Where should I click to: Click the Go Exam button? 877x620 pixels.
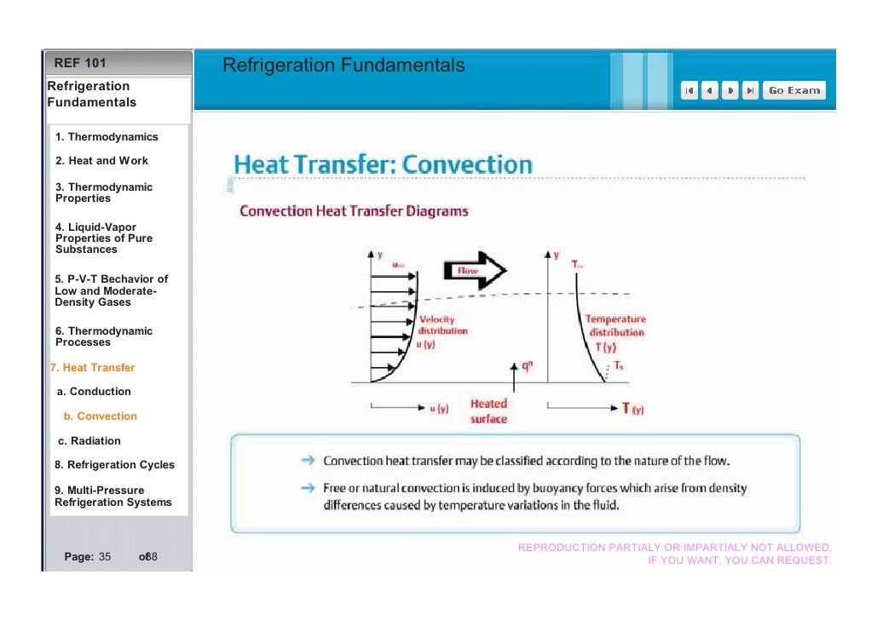click(x=793, y=90)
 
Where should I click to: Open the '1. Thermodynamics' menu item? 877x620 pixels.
click(x=107, y=136)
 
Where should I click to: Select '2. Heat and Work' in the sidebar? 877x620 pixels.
click(x=101, y=160)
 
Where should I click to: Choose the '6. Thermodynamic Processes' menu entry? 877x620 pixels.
click(x=103, y=336)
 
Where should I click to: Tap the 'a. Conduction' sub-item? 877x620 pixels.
click(x=94, y=392)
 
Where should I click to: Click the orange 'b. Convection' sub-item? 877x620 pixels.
click(x=100, y=416)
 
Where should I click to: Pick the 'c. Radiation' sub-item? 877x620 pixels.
click(x=89, y=440)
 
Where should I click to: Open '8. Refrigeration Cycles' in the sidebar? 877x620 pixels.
click(x=114, y=465)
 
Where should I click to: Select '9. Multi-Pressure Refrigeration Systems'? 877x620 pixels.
click(x=113, y=497)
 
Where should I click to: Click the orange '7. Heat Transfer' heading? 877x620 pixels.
click(x=92, y=368)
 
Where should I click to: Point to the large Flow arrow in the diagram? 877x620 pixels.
click(x=474, y=271)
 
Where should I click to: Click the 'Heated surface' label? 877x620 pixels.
click(x=488, y=410)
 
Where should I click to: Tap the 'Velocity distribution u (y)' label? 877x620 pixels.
click(x=442, y=331)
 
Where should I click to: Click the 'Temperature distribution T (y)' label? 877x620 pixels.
click(x=616, y=332)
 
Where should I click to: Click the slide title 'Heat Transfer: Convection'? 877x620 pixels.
click(x=384, y=164)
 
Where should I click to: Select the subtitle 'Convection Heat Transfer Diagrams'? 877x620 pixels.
click(x=354, y=210)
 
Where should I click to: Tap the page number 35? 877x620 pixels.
click(x=105, y=557)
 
